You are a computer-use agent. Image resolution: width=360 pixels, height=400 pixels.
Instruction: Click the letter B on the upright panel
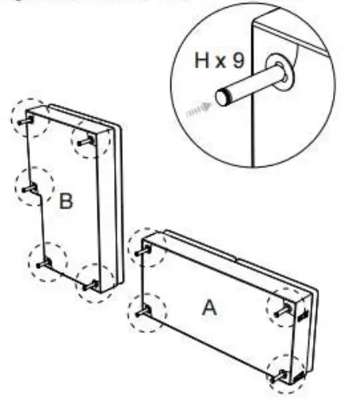[66, 201]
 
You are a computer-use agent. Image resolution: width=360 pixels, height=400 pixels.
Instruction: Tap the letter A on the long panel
[209, 306]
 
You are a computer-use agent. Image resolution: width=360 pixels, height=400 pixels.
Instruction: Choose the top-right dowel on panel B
[86, 141]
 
